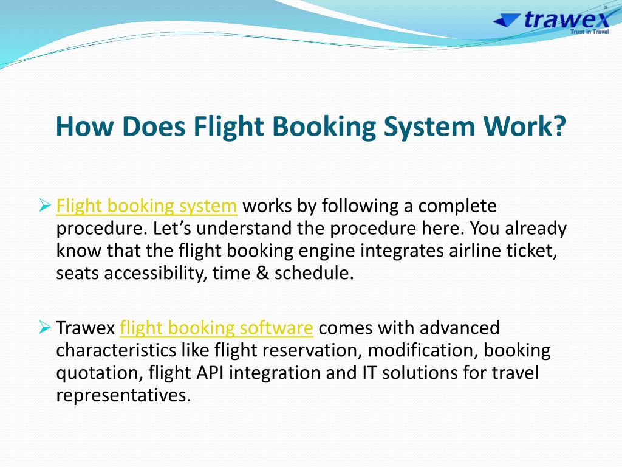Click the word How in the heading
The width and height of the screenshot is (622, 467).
[85, 126]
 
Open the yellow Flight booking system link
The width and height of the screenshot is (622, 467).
[146, 206]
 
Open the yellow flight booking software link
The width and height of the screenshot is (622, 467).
[216, 328]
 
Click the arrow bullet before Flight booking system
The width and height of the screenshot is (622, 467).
[45, 206]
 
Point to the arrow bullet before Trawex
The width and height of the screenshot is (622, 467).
[45, 328]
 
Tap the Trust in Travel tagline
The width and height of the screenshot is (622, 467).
[589, 32]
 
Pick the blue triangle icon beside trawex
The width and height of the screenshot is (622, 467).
[507, 20]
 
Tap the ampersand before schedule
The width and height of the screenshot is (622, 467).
[262, 273]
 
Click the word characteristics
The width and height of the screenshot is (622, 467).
[116, 350]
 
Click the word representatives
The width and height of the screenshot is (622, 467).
[123, 396]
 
